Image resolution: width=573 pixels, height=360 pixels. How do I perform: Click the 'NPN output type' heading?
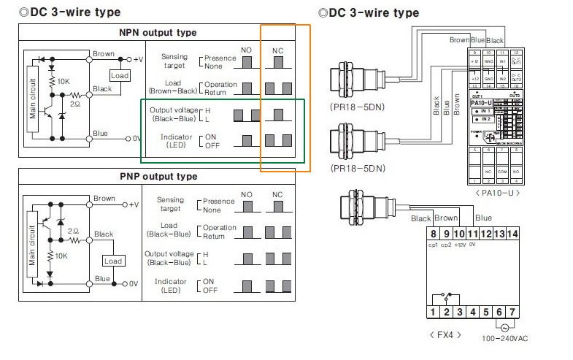158,33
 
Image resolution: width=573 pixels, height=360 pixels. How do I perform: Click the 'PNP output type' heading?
158,177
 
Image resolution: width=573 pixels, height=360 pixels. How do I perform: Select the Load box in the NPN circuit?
119,75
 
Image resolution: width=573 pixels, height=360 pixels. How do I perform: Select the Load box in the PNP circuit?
113,261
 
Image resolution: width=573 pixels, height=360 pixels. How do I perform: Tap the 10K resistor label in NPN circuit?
64,81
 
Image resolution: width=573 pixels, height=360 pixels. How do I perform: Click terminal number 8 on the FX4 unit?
433,234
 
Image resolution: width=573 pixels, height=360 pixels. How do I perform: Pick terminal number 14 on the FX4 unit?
513,234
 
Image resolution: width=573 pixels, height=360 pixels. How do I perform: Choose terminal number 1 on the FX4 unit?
433,313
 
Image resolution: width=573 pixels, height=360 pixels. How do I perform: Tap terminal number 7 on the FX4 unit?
513,313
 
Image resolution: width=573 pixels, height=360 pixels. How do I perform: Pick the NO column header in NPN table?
247,49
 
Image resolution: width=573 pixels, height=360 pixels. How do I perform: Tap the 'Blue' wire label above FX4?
483,218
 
